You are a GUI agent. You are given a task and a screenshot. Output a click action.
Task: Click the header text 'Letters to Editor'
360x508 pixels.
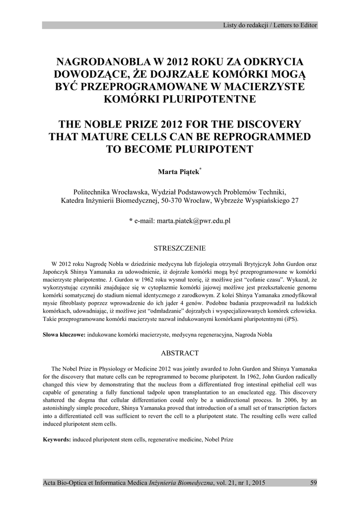click(294, 25)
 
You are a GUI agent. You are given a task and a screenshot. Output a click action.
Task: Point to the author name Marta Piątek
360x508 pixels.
click(178, 172)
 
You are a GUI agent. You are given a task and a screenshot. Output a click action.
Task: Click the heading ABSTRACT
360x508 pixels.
click(180, 353)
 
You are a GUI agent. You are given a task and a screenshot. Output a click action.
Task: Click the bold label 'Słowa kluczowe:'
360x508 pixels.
click(64, 335)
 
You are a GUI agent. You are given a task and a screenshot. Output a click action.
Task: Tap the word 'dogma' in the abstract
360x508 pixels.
click(88, 399)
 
